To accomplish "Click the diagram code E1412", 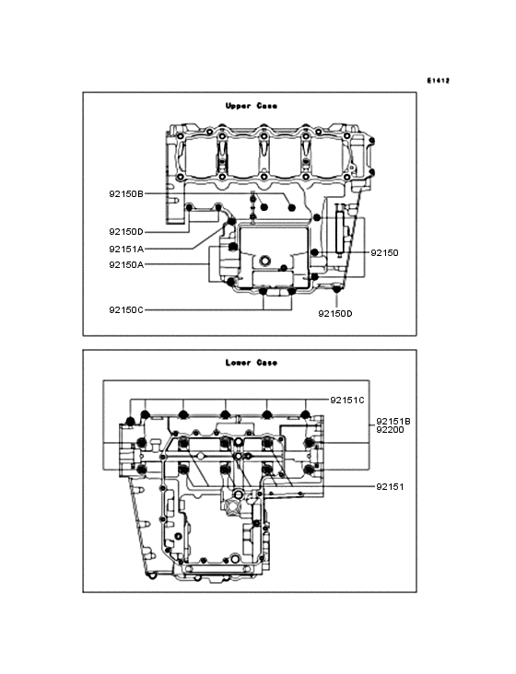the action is (x=439, y=80).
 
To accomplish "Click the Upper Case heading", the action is (x=252, y=106).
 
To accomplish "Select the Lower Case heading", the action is (x=252, y=363).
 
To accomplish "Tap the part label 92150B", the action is (x=126, y=194).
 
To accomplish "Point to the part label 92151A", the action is (x=126, y=249).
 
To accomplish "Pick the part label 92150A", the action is (x=126, y=265).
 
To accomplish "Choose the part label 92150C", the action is (x=126, y=309).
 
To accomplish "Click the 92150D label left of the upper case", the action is (x=126, y=232).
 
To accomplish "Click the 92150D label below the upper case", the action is (x=335, y=314).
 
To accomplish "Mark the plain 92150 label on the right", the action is (x=384, y=252).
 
